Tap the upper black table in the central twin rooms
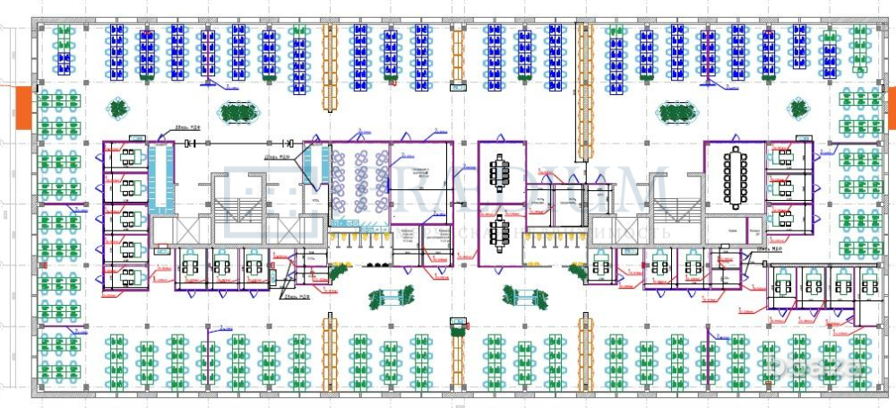[499, 168]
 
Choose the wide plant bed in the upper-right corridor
[678, 113]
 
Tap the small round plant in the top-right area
[797, 109]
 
